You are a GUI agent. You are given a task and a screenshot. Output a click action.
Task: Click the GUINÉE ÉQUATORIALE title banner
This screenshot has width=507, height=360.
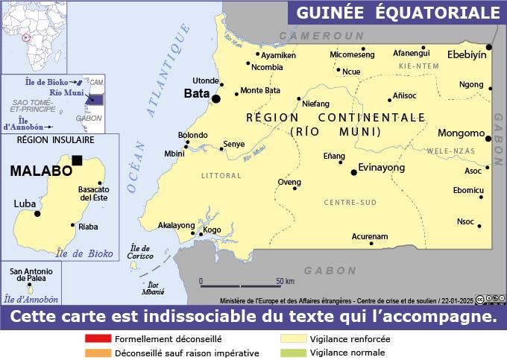[x=397, y=13]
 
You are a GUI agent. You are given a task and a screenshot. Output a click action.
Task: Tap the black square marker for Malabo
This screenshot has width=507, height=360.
[x=77, y=160]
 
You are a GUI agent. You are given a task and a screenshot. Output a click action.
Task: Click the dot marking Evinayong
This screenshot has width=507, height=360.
[x=354, y=172]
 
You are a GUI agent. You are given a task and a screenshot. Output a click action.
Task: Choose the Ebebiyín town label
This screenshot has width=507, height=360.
[x=466, y=54]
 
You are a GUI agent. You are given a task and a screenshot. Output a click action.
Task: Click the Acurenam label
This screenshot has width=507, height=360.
[x=370, y=236]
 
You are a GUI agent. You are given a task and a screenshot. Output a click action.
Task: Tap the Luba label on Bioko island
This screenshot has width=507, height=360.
[x=24, y=203]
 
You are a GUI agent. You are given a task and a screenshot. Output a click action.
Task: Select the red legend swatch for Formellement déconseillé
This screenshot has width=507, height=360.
[x=98, y=338]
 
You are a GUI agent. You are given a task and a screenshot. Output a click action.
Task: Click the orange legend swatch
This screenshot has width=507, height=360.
[x=98, y=353]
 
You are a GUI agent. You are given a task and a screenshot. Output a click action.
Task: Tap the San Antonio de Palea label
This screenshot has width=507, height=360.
[x=30, y=274]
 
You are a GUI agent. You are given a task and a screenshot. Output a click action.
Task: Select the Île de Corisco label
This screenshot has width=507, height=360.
[x=140, y=252]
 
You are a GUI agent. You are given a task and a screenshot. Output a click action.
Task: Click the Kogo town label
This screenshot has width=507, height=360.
[x=212, y=230]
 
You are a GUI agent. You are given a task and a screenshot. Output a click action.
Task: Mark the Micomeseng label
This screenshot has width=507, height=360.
[x=352, y=55]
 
